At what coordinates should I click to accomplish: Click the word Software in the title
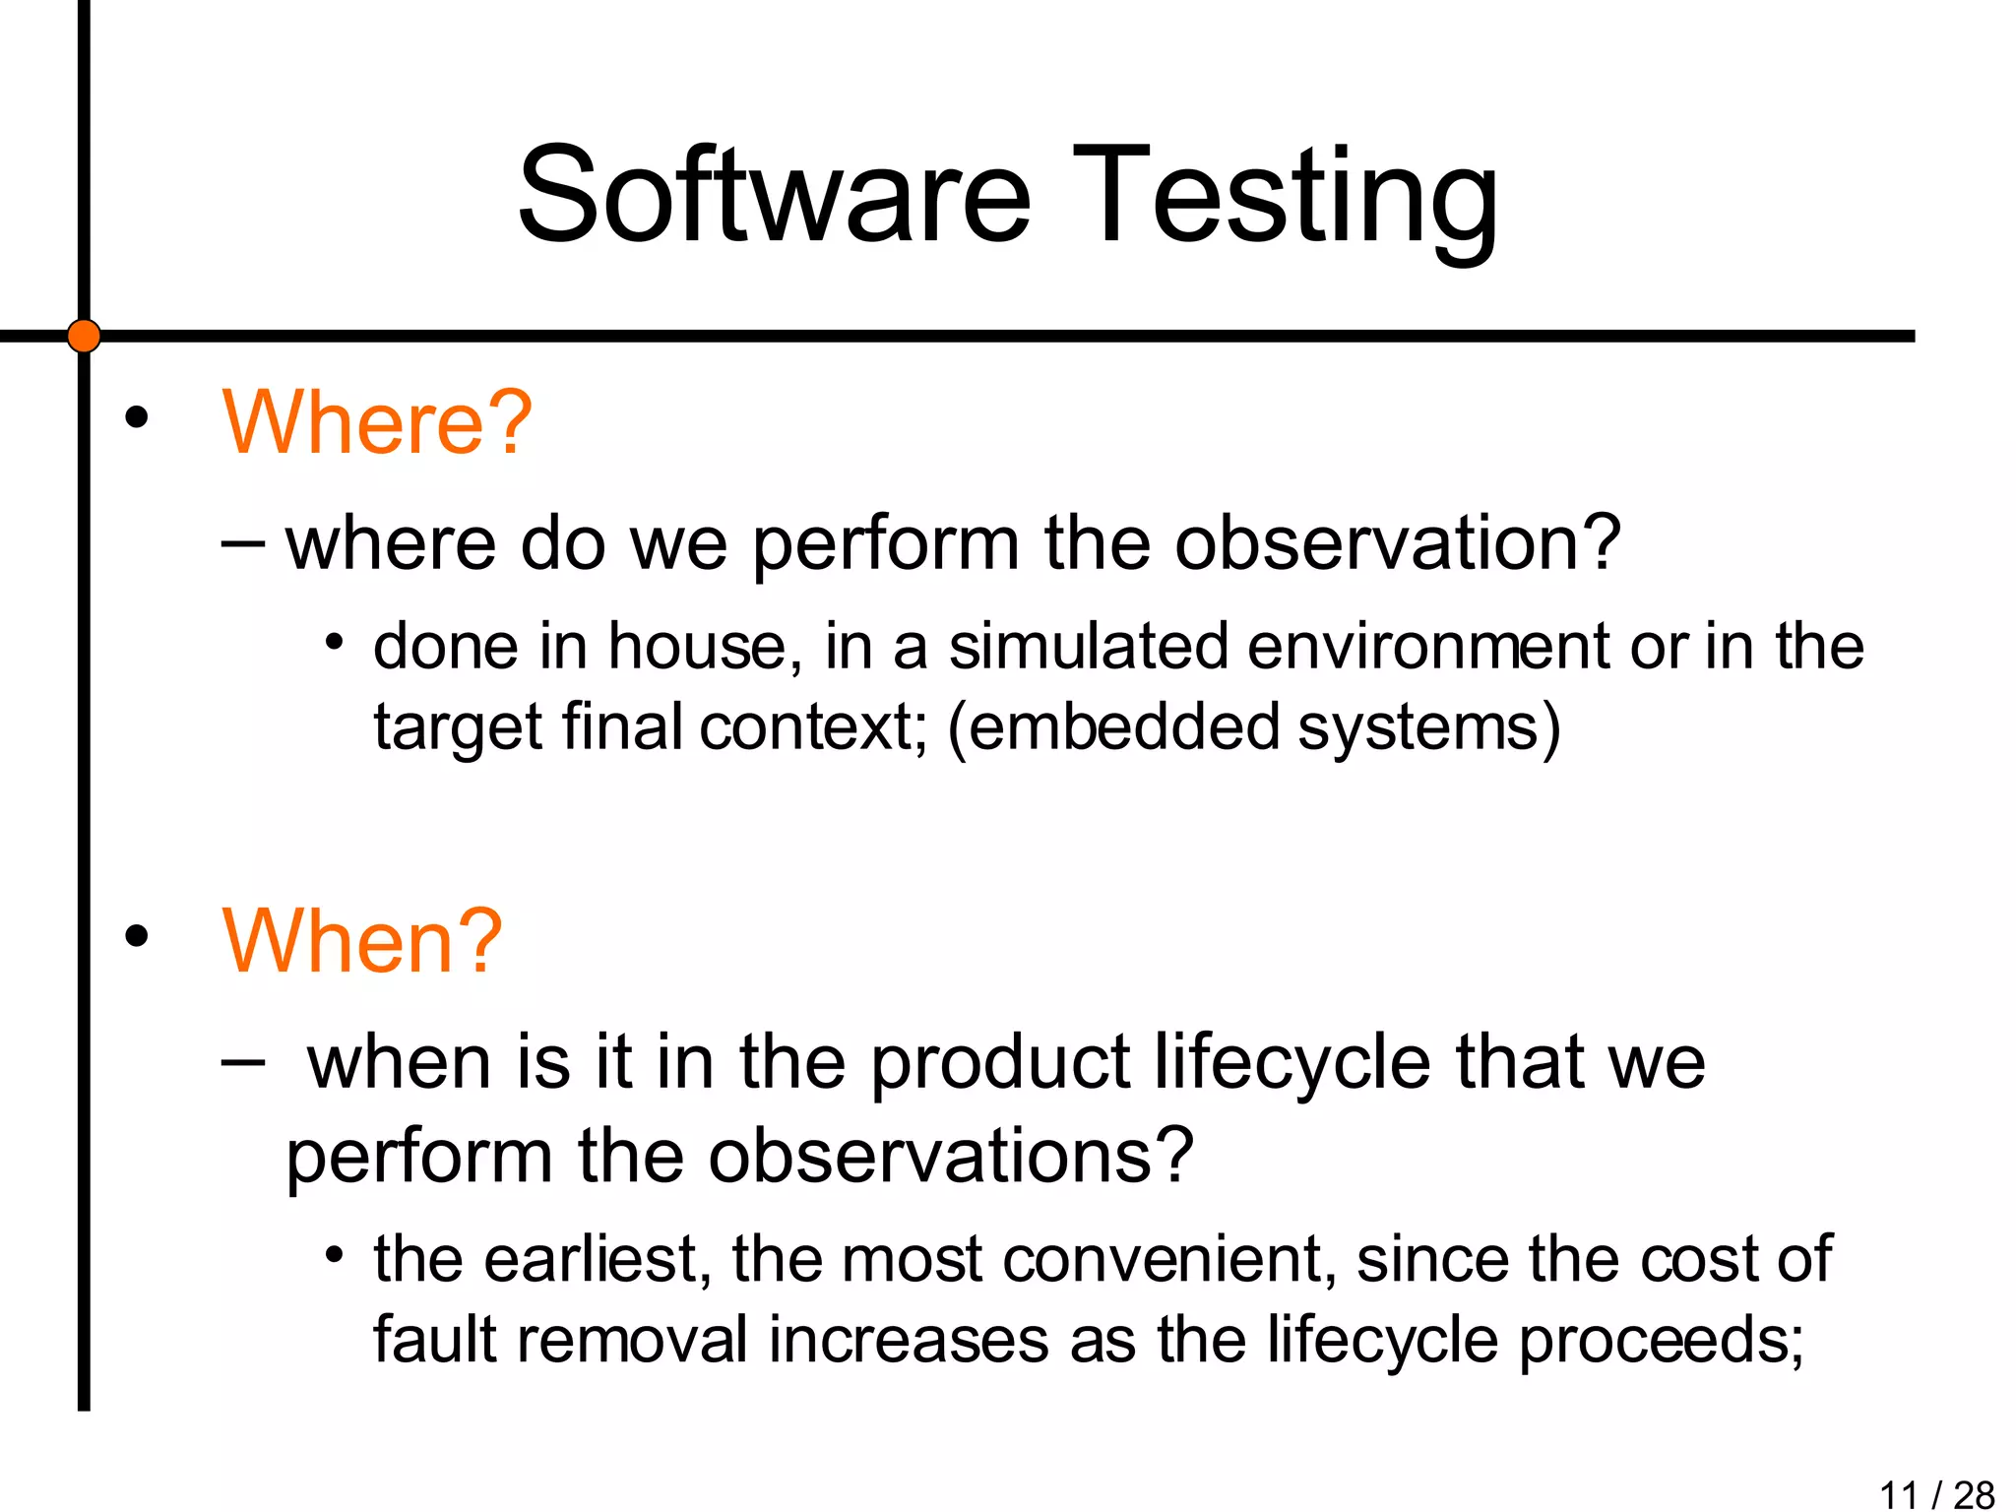[775, 194]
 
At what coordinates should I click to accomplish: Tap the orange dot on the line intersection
[84, 336]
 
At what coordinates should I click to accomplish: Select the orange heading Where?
[377, 422]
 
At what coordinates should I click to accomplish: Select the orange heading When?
[362, 941]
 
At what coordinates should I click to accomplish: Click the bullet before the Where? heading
[137, 418]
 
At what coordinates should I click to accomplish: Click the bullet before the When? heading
[137, 936]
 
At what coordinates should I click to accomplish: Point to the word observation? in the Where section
[1397, 543]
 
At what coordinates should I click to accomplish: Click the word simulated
[1088, 647]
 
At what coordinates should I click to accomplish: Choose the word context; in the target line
[813, 727]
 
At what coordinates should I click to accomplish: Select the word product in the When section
[1001, 1063]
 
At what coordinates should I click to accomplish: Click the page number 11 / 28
[1935, 1494]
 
